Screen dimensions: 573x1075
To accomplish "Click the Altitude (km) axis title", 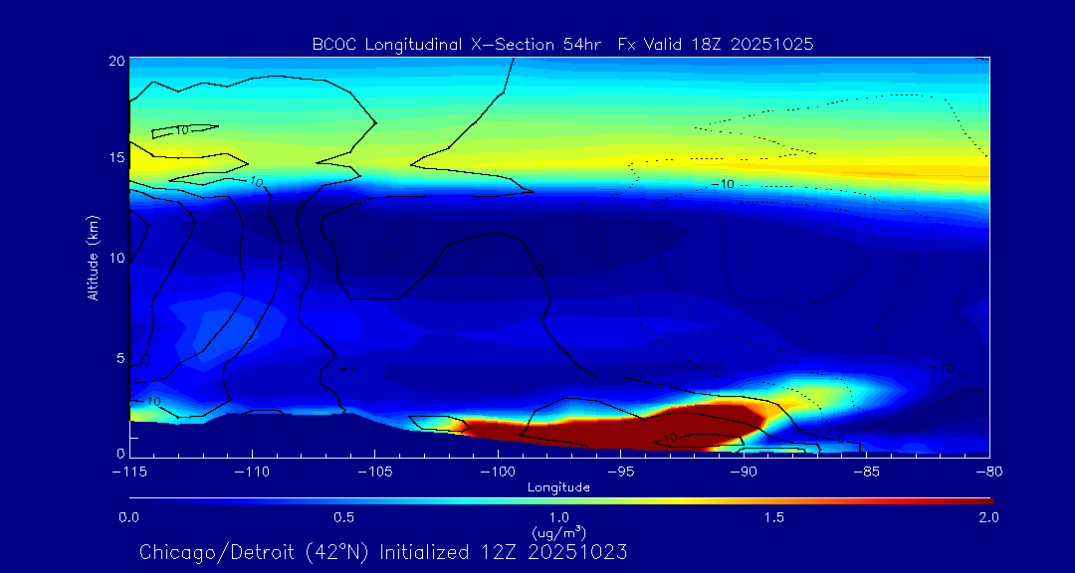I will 94,258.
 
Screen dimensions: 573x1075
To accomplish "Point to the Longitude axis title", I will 559,487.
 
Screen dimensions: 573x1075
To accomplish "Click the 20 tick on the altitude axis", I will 115,61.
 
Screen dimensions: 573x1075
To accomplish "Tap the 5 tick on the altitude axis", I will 118,357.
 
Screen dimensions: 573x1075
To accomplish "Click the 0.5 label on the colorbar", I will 344,517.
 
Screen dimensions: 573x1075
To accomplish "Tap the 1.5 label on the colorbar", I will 774,517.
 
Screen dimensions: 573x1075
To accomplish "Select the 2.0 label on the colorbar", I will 988,517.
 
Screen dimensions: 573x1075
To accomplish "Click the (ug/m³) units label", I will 558,532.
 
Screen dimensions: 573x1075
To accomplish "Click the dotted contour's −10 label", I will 724,184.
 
